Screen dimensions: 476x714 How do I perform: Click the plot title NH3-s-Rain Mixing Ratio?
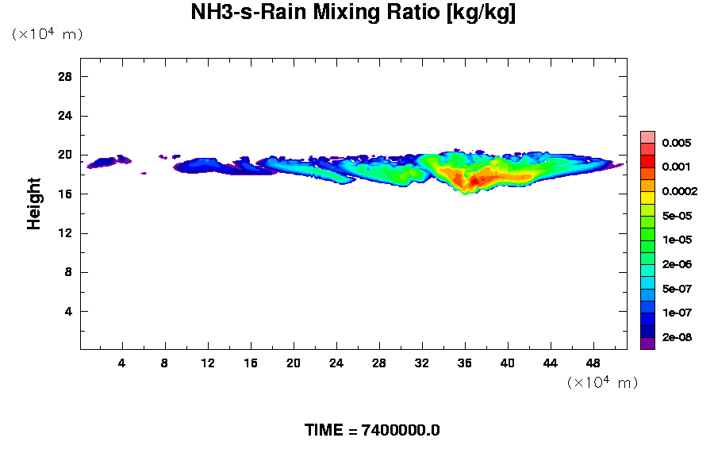(353, 13)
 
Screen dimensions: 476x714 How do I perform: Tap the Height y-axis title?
(34, 213)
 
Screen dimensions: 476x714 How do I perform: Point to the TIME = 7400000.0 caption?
(372, 431)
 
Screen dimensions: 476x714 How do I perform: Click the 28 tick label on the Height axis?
(65, 76)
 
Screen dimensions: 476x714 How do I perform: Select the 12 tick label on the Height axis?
(65, 232)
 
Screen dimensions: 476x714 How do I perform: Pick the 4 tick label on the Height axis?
(68, 311)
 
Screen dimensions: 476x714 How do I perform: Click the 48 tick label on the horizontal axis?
(593, 363)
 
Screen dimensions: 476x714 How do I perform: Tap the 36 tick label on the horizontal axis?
(464, 363)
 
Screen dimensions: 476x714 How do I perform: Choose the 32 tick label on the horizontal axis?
(421, 363)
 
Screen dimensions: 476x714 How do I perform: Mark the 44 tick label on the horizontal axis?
(550, 363)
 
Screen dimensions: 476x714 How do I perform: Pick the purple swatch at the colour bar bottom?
(647, 344)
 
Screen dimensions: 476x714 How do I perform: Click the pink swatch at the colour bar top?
(647, 136)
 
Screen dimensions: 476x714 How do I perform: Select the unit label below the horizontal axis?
(602, 382)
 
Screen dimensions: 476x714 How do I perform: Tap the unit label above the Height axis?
(47, 34)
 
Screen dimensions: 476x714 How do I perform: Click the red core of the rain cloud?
(474, 181)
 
